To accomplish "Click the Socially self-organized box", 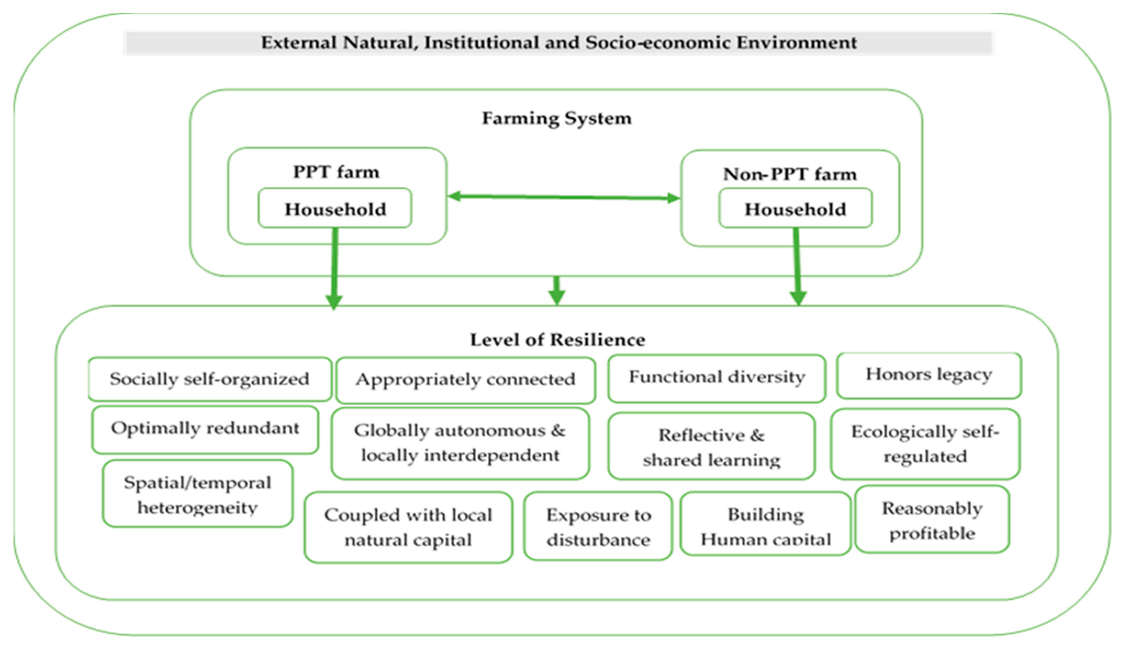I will (210, 379).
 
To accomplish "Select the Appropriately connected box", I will (465, 380).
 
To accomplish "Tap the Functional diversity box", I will (716, 378).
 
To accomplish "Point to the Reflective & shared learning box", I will (711, 447).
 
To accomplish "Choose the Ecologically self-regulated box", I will (925, 444).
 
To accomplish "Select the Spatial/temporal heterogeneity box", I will (198, 494).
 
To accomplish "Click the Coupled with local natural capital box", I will (408, 527).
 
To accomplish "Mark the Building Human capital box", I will (765, 525).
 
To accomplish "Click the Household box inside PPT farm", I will (335, 209).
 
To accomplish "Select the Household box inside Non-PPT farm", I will (795, 209).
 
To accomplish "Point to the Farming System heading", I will (557, 118).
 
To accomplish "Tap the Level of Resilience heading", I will (557, 340).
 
